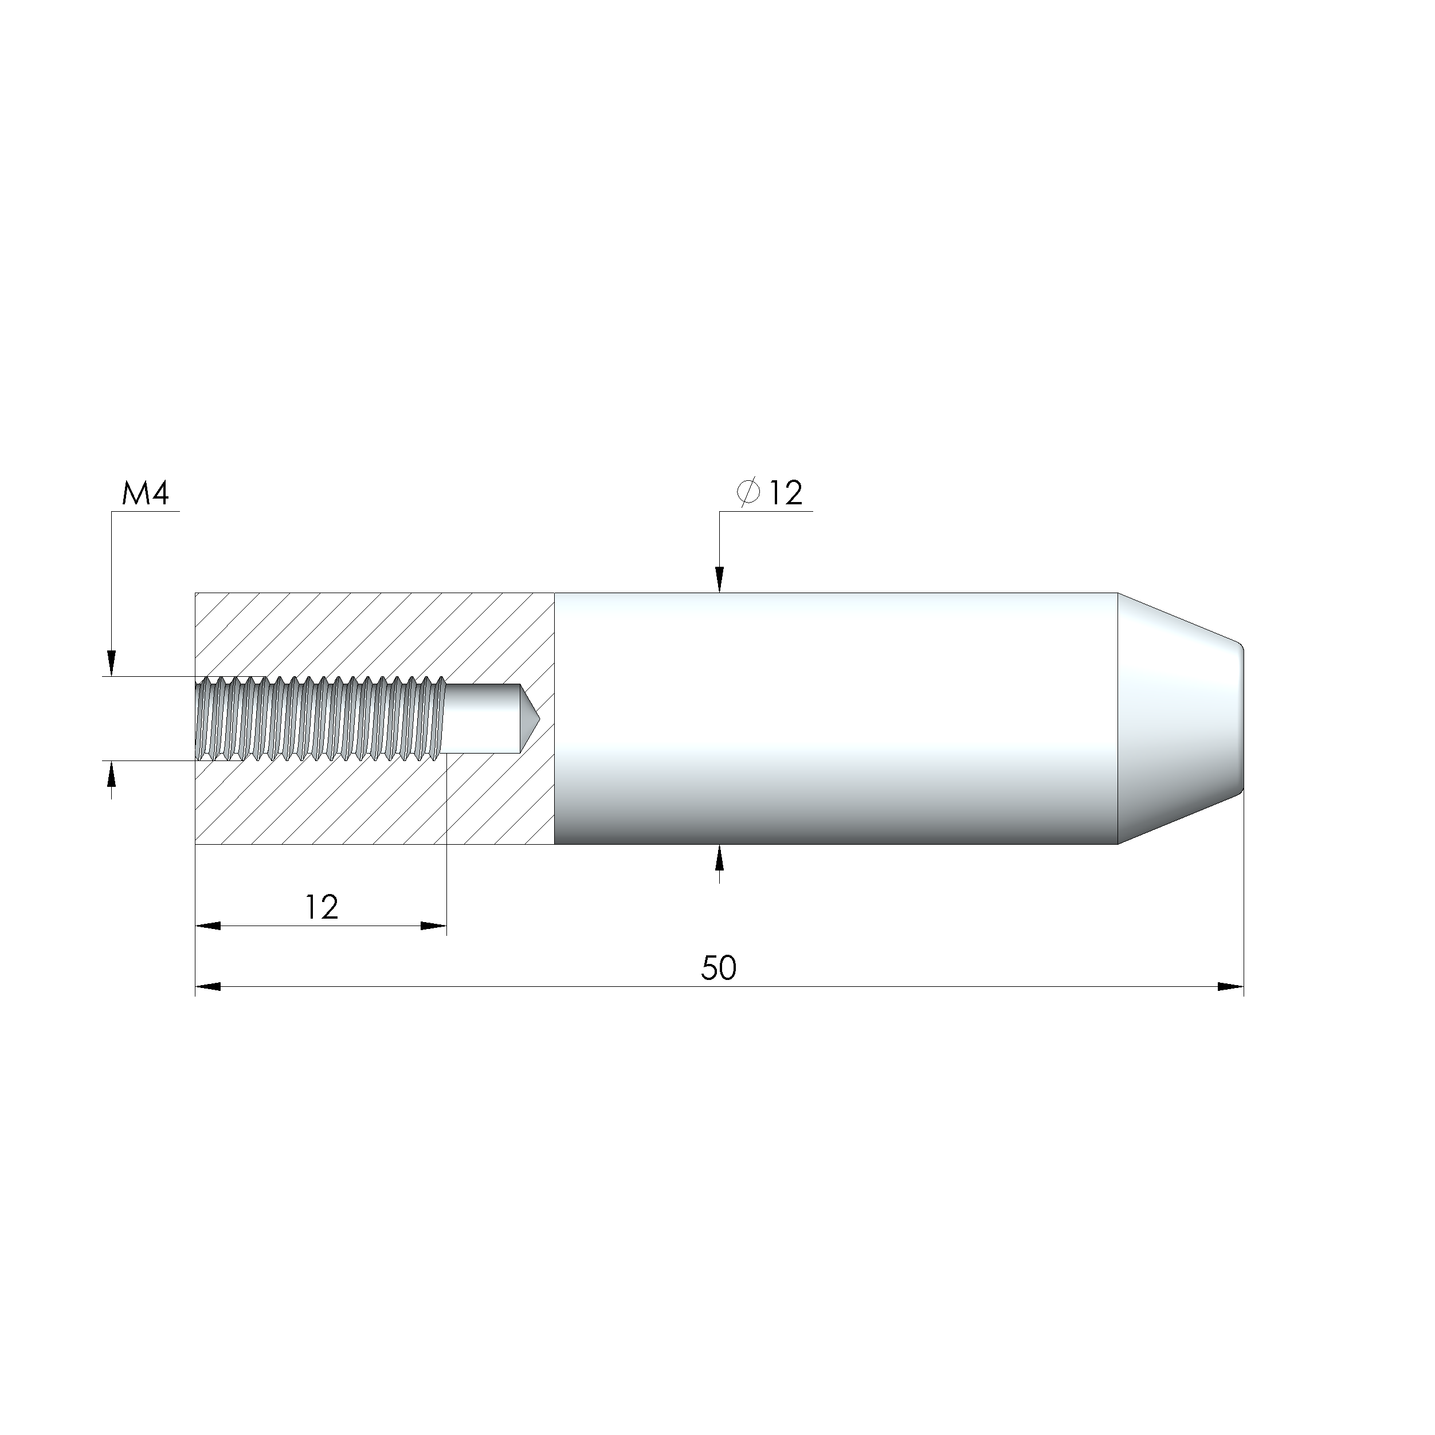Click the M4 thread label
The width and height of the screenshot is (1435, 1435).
click(146, 494)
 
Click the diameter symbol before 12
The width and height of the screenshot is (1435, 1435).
click(748, 492)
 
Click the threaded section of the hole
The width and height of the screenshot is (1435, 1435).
click(319, 718)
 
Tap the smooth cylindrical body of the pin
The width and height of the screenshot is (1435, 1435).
click(832, 718)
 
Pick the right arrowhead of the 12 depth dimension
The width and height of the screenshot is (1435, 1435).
click(434, 926)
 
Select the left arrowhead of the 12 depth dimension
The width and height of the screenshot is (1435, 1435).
click(208, 926)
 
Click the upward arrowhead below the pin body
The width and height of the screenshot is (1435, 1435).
click(719, 860)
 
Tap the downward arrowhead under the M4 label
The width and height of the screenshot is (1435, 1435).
click(111, 662)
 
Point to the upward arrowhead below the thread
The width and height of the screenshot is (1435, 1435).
click(111, 774)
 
